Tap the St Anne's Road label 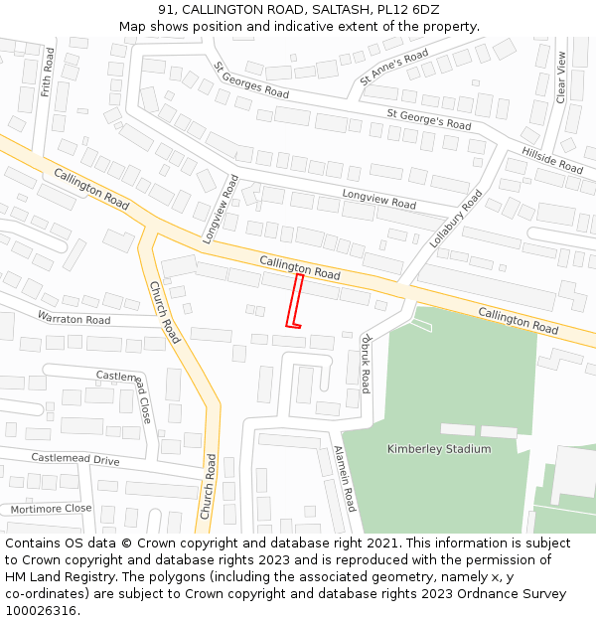click(x=394, y=67)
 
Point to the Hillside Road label click(x=552, y=161)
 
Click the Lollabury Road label click(x=455, y=219)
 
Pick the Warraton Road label click(x=74, y=319)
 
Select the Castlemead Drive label click(x=74, y=459)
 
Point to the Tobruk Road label click(x=365, y=362)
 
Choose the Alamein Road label click(x=346, y=478)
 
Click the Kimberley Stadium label click(x=439, y=449)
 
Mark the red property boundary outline click(x=295, y=301)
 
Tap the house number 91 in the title click(x=165, y=10)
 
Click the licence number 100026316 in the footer click(x=41, y=610)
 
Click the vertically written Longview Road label click(x=222, y=210)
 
